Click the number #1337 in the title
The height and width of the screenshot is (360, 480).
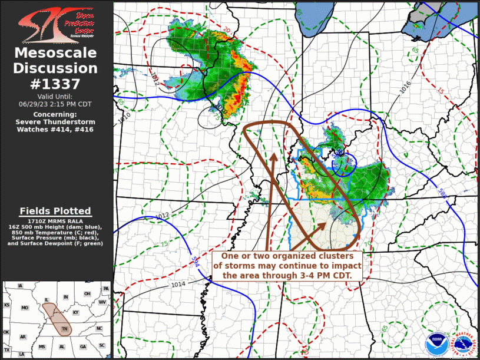[55, 84]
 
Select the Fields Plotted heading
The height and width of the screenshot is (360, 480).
[55, 211]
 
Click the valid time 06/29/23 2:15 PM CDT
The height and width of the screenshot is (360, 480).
[55, 104]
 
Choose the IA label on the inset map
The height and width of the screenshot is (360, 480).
[21, 286]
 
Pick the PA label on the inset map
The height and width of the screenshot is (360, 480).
[106, 289]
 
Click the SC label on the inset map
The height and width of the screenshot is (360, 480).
[101, 346]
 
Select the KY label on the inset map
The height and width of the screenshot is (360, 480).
[75, 312]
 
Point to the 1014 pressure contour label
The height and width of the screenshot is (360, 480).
[179, 285]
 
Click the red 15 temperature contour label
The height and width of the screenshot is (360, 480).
[441, 91]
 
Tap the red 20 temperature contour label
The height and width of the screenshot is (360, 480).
[227, 29]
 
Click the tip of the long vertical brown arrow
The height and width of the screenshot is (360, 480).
[273, 154]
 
